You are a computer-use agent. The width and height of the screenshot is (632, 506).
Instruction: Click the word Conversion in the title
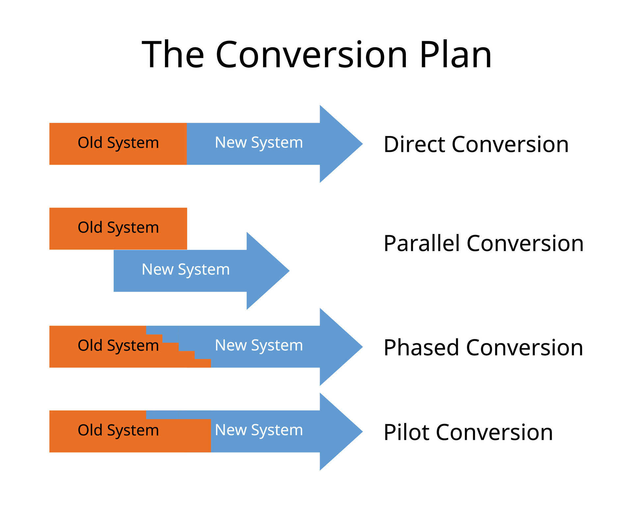(311, 55)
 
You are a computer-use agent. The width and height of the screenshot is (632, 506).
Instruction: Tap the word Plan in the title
(456, 55)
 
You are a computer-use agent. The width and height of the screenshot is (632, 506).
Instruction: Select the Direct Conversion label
(476, 144)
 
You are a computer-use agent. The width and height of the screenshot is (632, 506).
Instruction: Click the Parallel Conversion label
(483, 243)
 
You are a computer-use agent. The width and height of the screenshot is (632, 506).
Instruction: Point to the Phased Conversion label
(483, 348)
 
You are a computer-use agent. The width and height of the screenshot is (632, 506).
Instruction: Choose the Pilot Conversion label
(468, 432)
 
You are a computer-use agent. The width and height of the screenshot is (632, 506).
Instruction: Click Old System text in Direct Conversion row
(118, 143)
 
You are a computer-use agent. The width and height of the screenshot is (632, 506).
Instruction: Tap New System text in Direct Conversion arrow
(259, 143)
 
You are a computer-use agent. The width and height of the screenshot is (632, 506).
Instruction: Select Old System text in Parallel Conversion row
(118, 228)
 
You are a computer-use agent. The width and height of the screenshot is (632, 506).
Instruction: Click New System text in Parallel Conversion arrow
(186, 269)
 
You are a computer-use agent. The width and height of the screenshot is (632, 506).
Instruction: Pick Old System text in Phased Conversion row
(118, 346)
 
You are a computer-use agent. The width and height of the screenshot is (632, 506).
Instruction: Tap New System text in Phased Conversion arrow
(259, 346)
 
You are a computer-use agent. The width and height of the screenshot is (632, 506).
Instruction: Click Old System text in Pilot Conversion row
(118, 430)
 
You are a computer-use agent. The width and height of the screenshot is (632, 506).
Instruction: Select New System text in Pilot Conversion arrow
(259, 430)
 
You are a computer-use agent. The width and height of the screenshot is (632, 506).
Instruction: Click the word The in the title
(173, 55)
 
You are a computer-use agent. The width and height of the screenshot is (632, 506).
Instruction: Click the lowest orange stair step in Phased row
(202, 363)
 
